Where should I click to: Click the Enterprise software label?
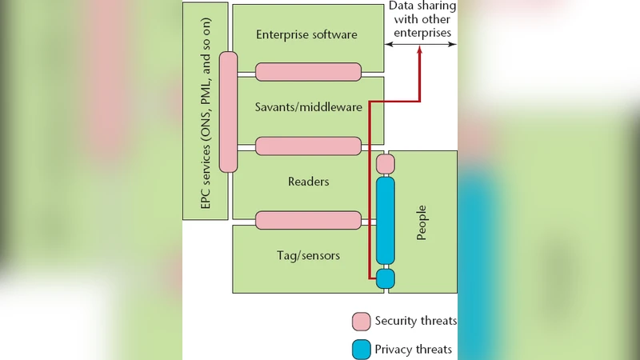(306, 34)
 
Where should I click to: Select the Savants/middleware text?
(308, 107)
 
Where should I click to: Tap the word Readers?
(308, 182)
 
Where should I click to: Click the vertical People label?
(422, 222)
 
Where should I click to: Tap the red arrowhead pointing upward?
(420, 54)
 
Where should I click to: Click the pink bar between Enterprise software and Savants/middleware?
(308, 71)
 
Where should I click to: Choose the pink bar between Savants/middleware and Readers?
(308, 146)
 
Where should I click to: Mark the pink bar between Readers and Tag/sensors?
(308, 219)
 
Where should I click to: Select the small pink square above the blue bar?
(386, 163)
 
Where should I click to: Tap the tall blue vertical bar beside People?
(386, 220)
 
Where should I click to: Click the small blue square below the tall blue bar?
(386, 278)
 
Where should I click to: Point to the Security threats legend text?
(416, 322)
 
